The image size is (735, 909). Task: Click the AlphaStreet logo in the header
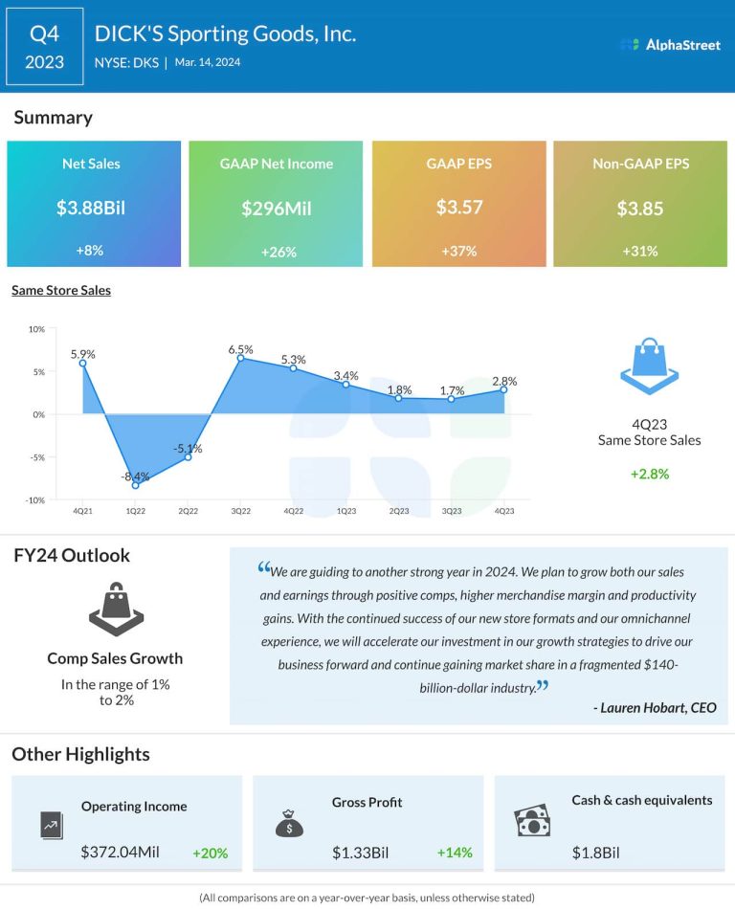[x=669, y=44]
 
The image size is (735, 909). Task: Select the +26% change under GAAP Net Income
[x=276, y=252]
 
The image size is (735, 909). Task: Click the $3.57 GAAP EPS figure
[x=459, y=208]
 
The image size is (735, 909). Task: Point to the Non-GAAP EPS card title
[x=640, y=164]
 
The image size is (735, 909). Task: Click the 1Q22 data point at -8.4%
[x=136, y=485]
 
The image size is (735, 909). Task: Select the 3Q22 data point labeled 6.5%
[x=241, y=358]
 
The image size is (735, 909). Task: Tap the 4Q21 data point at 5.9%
[x=83, y=363]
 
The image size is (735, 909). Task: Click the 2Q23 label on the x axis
[x=398, y=511]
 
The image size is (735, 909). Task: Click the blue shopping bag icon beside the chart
[x=649, y=366]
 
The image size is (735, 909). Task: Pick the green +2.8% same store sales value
[x=648, y=474]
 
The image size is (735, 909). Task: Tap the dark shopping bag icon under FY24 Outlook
[x=115, y=610]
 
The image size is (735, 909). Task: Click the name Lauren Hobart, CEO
[x=655, y=708]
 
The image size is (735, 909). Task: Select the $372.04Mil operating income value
[x=122, y=853]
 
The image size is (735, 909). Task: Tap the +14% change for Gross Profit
[x=455, y=853]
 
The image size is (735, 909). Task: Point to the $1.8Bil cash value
[x=596, y=853]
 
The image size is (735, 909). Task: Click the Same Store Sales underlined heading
[x=61, y=290]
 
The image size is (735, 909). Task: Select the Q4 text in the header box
[x=45, y=33]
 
